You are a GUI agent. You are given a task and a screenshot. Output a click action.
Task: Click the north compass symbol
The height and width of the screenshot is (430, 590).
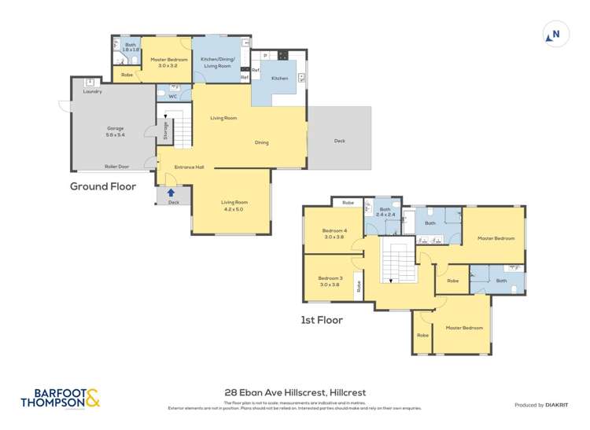(x=554, y=34)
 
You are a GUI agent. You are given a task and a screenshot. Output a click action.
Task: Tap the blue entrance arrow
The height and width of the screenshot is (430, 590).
(x=171, y=193)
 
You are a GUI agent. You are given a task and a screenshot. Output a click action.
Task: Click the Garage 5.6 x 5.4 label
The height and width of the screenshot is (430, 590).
(x=116, y=131)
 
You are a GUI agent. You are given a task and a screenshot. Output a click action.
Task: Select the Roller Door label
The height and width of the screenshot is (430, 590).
(x=116, y=167)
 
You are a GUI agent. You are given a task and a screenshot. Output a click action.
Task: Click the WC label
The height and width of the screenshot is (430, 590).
(x=172, y=96)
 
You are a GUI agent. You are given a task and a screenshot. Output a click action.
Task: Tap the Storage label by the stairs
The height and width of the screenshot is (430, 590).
(x=165, y=131)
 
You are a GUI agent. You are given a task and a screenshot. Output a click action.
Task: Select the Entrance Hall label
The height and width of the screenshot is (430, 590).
(x=189, y=167)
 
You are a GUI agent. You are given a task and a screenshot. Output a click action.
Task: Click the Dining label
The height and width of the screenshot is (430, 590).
(x=262, y=142)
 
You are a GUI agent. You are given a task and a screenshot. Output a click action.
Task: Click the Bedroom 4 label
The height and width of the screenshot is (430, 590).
(x=333, y=233)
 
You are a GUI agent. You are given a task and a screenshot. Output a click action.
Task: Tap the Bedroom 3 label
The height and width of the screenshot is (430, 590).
(x=330, y=281)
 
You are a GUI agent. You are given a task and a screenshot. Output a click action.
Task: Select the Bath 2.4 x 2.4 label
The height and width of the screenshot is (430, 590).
(x=385, y=211)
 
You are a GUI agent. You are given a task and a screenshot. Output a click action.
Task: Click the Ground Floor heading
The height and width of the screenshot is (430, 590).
(x=103, y=186)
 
